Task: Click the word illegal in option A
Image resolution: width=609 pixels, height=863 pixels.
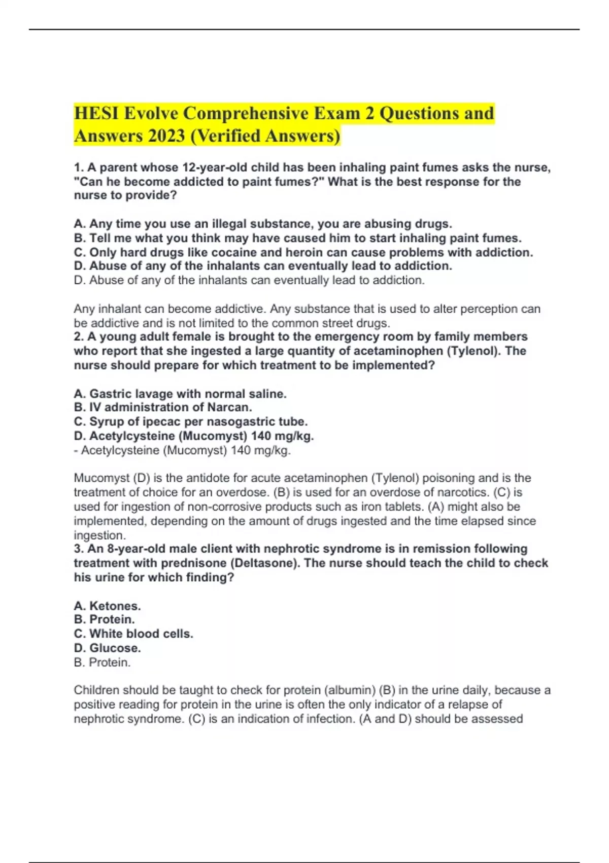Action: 228,224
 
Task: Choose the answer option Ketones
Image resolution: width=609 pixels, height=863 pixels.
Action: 115,606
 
